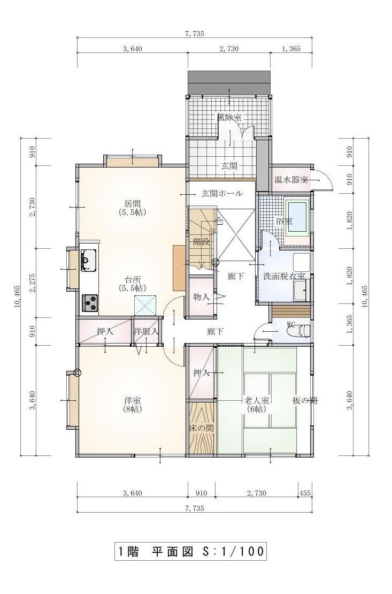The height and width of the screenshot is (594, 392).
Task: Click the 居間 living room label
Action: pyautogui.click(x=132, y=203)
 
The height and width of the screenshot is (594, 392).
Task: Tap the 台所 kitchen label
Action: pyautogui.click(x=132, y=280)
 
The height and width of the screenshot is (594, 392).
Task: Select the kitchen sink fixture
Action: pyautogui.click(x=88, y=260)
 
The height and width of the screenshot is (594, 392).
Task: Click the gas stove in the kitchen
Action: pyautogui.click(x=89, y=303)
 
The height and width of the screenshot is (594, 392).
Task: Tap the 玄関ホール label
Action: pyautogui.click(x=221, y=194)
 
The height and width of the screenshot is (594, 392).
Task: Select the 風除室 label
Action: pyautogui.click(x=229, y=117)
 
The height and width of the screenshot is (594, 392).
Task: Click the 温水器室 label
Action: pyautogui.click(x=291, y=180)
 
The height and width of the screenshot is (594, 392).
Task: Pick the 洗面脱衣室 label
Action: pyautogui.click(x=283, y=276)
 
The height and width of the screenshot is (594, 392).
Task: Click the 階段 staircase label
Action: pyautogui.click(x=201, y=242)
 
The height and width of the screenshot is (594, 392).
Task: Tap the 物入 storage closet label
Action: pyautogui.click(x=201, y=296)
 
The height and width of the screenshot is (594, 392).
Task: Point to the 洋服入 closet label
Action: pyautogui.click(x=146, y=331)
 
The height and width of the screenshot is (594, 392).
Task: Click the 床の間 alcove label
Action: pyautogui.click(x=202, y=428)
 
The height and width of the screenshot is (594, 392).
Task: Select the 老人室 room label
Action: pyautogui.click(x=257, y=400)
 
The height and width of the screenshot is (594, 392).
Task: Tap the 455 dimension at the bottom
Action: pyautogui.click(x=305, y=493)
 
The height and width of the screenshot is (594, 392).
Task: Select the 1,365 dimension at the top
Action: pyautogui.click(x=291, y=49)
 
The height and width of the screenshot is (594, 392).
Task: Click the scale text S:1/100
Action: pyautogui.click(x=232, y=551)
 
